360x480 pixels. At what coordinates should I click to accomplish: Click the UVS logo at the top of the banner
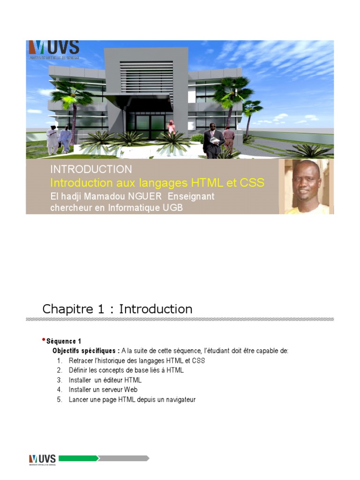pos(53,49)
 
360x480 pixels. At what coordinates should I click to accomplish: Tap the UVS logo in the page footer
pos(42,458)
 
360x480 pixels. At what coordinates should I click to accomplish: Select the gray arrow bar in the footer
pos(124,458)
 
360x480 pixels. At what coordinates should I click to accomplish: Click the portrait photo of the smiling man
pos(306,187)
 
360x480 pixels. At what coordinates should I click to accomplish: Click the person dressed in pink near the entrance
pos(172,127)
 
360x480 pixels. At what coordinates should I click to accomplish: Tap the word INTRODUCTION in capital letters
pos(91,169)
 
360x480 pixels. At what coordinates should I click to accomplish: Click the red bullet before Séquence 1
pos(44,339)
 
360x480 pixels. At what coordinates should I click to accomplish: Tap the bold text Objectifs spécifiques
pos(86,351)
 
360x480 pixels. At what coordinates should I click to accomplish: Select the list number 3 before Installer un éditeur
pos(60,380)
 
